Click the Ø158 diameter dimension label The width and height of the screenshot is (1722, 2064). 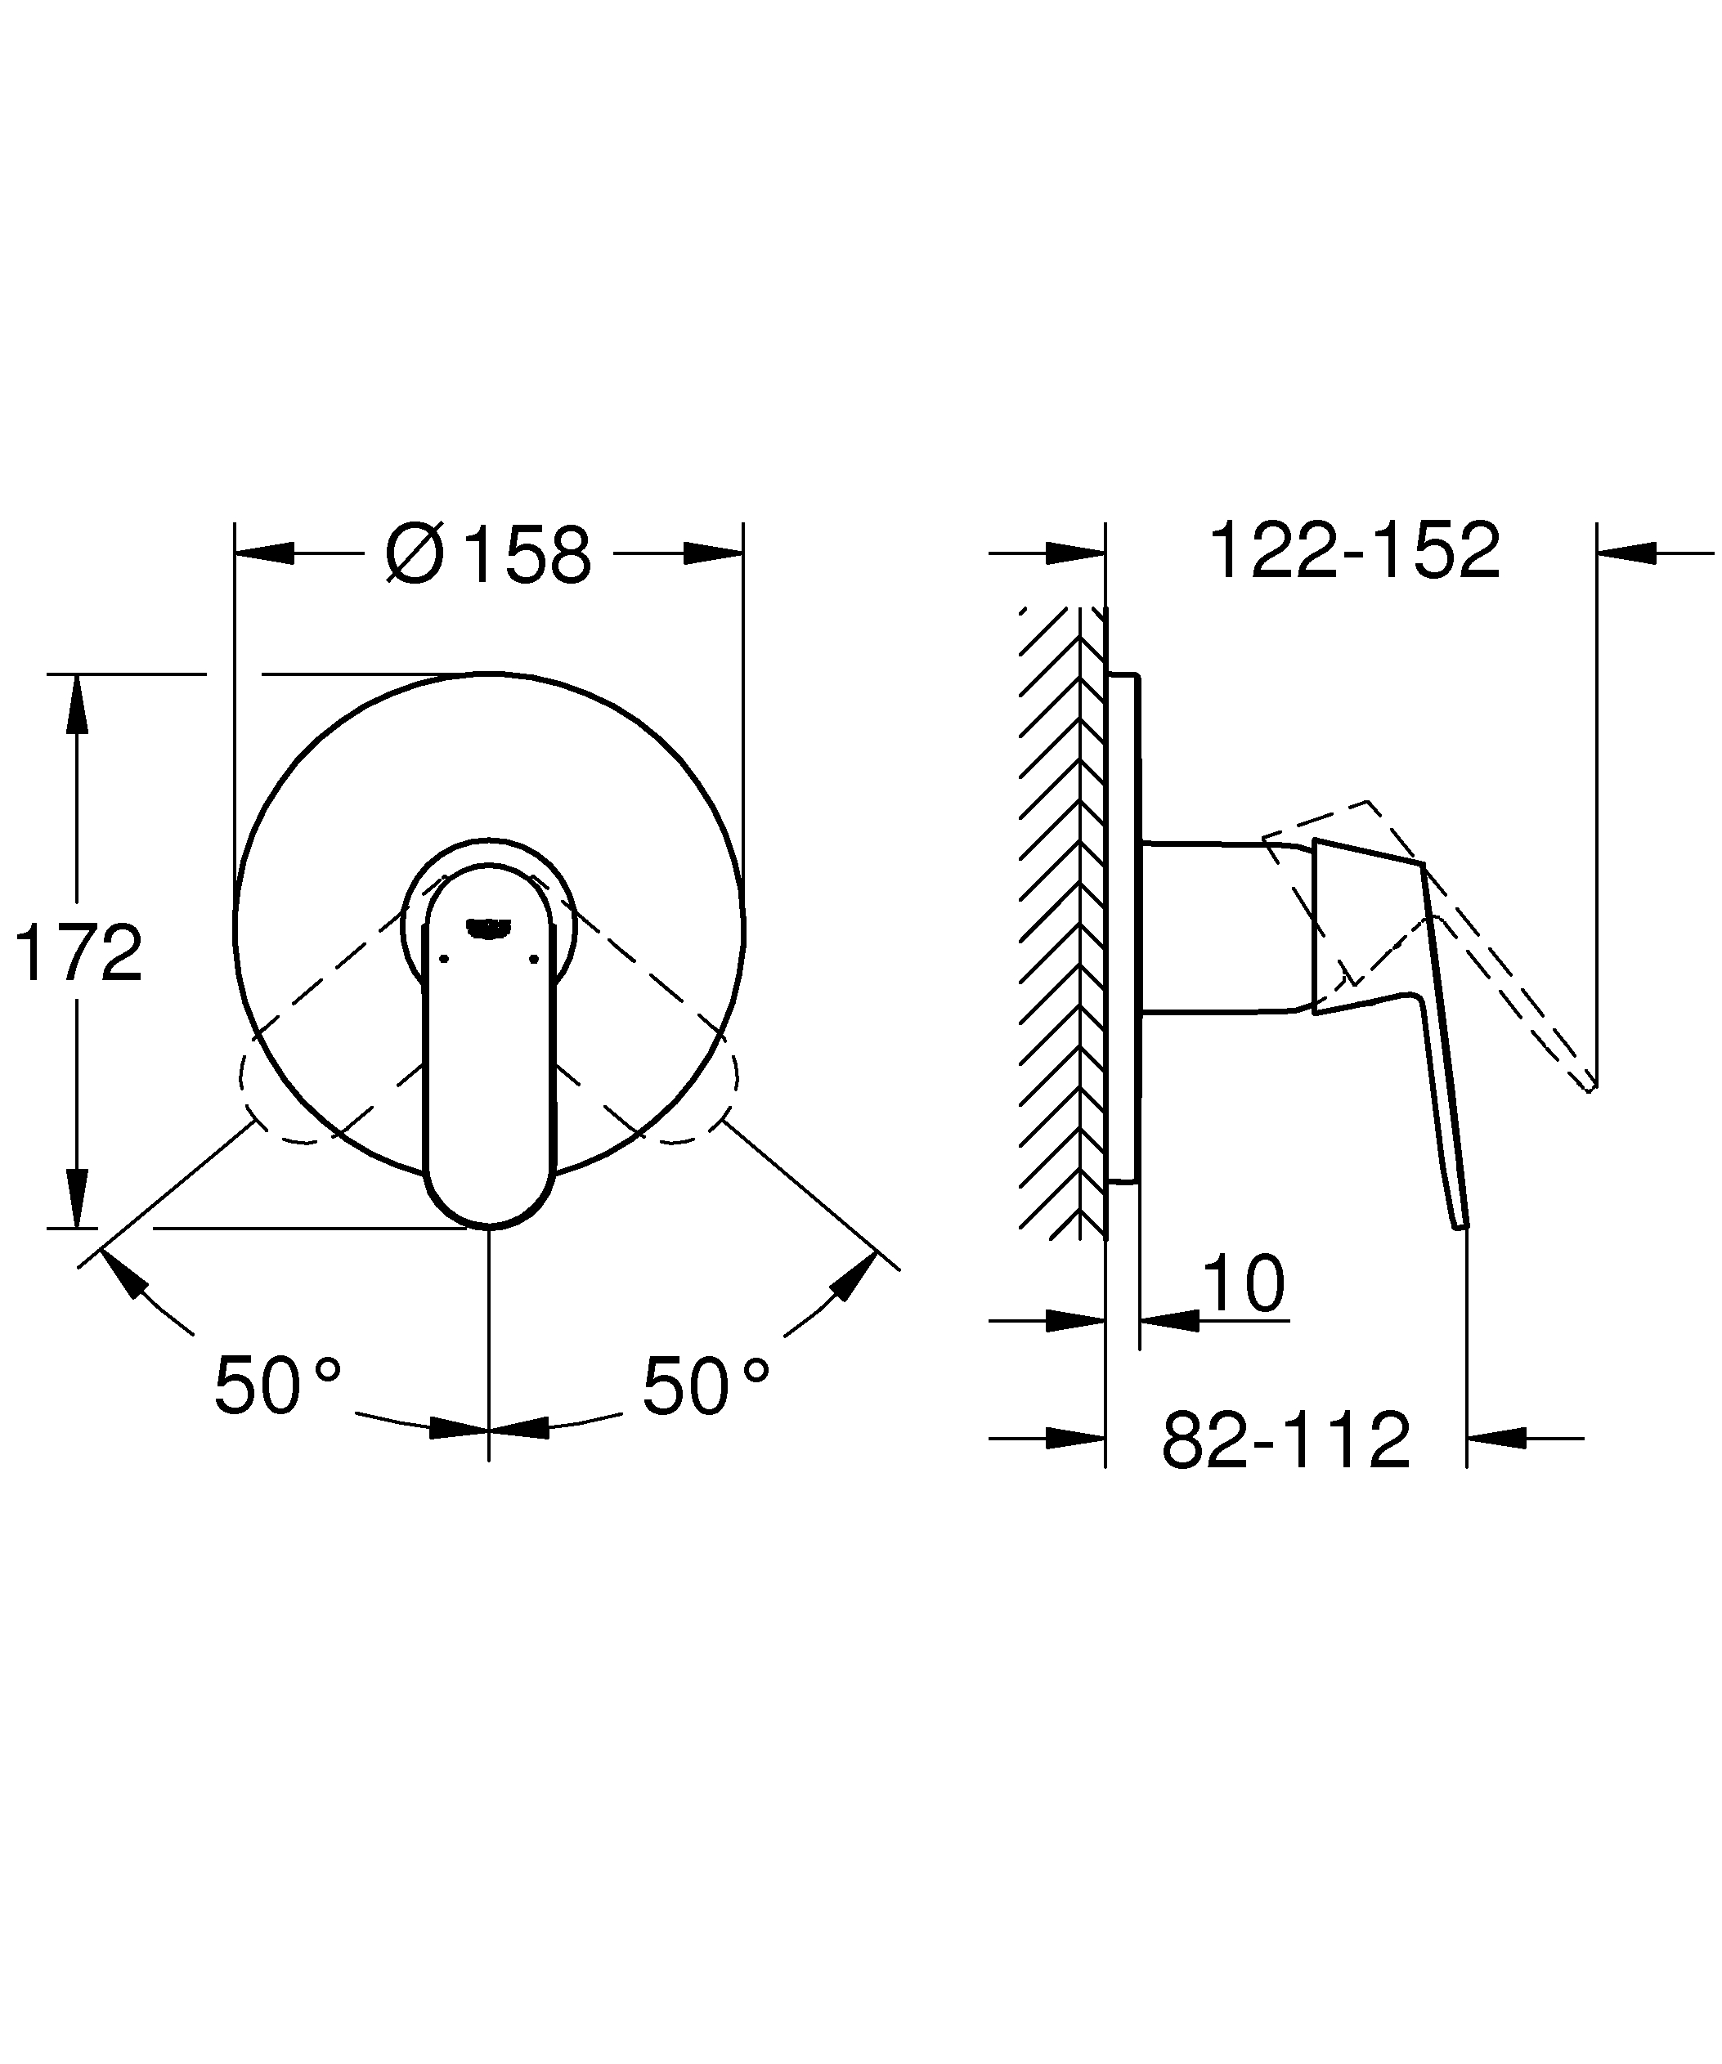click(x=488, y=554)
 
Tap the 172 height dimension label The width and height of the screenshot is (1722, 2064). click(x=78, y=953)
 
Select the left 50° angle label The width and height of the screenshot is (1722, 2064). click(x=277, y=1385)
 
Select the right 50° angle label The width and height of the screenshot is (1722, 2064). click(x=706, y=1385)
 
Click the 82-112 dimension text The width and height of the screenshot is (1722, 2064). click(x=1285, y=1441)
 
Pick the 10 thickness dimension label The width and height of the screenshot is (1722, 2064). click(x=1242, y=1283)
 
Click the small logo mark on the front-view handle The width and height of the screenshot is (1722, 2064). click(x=488, y=926)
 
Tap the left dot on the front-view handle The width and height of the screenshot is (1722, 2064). click(x=443, y=958)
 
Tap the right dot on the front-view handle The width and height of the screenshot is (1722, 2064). click(x=534, y=958)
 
